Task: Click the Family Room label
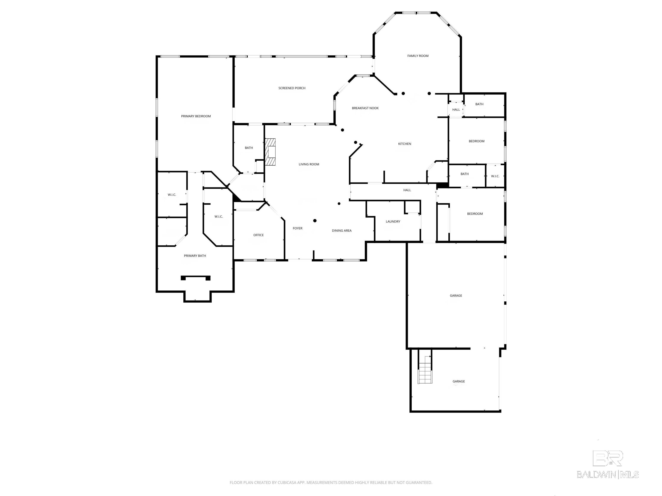click(418, 56)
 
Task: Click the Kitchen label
click(405, 144)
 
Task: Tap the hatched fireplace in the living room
click(270, 152)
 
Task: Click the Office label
click(259, 235)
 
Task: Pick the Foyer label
click(297, 228)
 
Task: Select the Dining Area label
click(342, 231)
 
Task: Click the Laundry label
click(393, 222)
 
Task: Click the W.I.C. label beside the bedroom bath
click(495, 176)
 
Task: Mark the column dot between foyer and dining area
click(315, 221)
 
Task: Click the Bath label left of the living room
click(249, 148)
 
